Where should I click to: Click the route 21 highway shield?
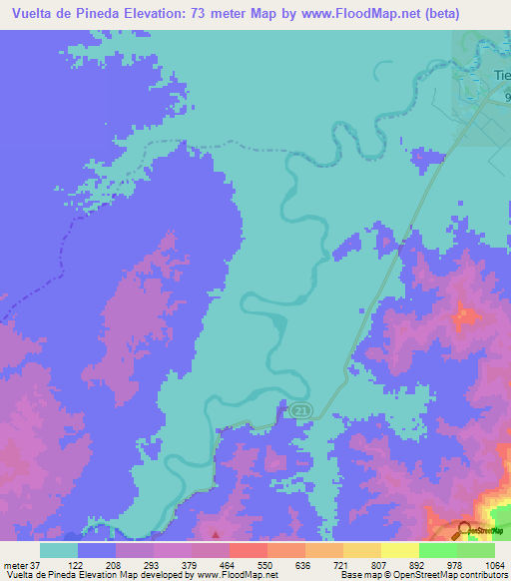click(x=300, y=410)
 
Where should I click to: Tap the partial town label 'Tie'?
click(x=502, y=76)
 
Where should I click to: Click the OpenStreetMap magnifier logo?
click(x=465, y=530)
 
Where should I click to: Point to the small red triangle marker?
click(x=215, y=520)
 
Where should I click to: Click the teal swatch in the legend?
click(x=59, y=549)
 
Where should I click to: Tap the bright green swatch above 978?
click(x=437, y=549)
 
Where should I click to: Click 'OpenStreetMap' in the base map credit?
click(x=421, y=575)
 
